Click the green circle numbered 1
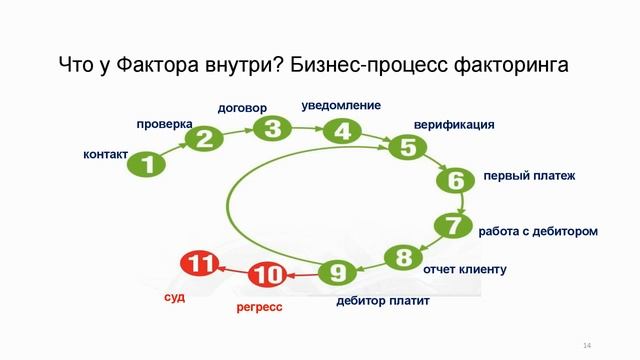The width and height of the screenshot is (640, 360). click(x=148, y=165)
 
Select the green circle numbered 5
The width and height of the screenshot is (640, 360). click(x=408, y=147)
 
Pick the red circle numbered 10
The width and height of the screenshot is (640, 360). click(x=268, y=273)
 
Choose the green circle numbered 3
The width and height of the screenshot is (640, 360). click(x=272, y=128)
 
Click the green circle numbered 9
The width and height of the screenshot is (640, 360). click(x=338, y=271)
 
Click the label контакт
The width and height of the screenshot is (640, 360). click(x=106, y=154)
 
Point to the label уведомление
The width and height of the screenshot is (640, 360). click(x=341, y=105)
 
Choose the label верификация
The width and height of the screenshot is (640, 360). click(x=454, y=125)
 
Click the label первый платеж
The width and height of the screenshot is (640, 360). click(x=529, y=176)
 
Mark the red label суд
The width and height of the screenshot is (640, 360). click(x=175, y=297)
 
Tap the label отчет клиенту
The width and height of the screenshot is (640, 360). click(x=465, y=269)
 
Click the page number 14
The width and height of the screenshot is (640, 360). click(x=586, y=345)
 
